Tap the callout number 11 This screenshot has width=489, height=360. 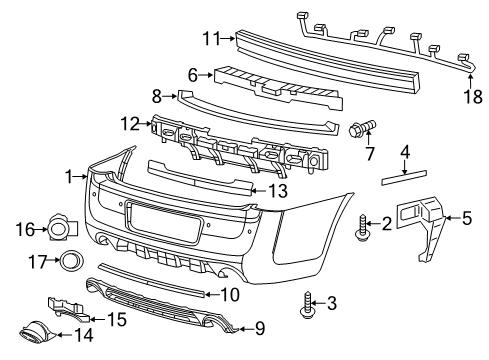pyautogui.click(x=210, y=38)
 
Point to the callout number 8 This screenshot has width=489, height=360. pyautogui.click(x=157, y=97)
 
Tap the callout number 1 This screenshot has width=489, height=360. pyautogui.click(x=68, y=176)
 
